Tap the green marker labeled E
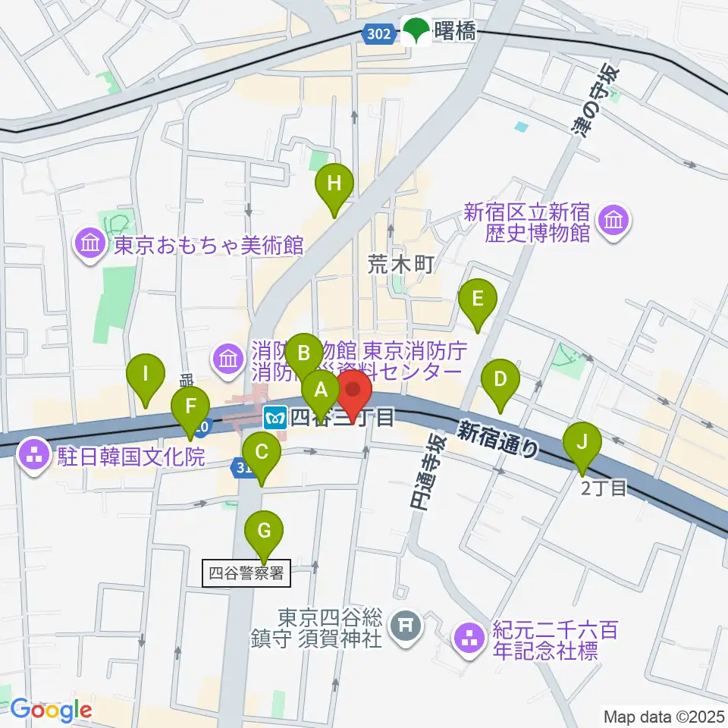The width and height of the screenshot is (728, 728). pyautogui.click(x=477, y=298)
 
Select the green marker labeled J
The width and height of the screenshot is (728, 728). pyautogui.click(x=582, y=441)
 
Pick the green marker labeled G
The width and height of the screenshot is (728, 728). pyautogui.click(x=264, y=531)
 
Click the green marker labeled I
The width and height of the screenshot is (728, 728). pyautogui.click(x=146, y=374)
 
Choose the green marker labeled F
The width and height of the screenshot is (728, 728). pyautogui.click(x=190, y=405)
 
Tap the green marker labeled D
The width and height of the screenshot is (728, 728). pyautogui.click(x=500, y=378)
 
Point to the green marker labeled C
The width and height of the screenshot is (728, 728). pyautogui.click(x=262, y=453)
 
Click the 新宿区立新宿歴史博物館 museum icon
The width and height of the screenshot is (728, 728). pyautogui.click(x=612, y=221)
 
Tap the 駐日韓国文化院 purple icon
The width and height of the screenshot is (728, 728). pyautogui.click(x=35, y=456)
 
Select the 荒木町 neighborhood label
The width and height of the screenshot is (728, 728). pyautogui.click(x=400, y=265)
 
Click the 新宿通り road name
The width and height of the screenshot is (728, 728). pyautogui.click(x=497, y=438)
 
